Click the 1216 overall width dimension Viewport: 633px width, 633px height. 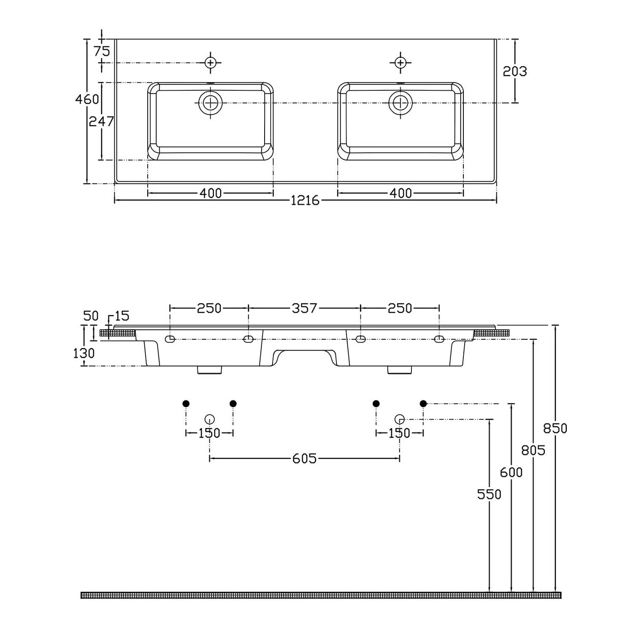coord(305,200)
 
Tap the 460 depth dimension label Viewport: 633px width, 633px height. coord(87,99)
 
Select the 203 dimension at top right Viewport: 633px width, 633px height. coord(515,71)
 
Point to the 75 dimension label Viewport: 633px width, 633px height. coord(102,51)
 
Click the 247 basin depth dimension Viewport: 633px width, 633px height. coord(101,122)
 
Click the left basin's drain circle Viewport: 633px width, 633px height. coord(210,103)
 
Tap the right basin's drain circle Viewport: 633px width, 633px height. coord(400,103)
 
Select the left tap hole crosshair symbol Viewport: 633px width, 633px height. coord(211,63)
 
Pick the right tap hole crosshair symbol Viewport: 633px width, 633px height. coord(400,63)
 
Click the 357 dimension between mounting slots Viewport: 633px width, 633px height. coord(304,308)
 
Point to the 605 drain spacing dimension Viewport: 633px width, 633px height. coord(304,458)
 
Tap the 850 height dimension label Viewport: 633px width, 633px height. coord(555,428)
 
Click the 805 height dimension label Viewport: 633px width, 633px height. coord(533,450)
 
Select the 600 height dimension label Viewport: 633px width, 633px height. coord(511,472)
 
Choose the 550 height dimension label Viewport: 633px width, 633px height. coord(489,494)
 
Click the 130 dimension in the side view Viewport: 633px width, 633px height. coord(84,353)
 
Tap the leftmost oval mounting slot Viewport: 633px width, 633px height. coord(170,339)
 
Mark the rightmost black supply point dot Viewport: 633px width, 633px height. coord(423,404)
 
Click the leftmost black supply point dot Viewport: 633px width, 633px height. coord(186,404)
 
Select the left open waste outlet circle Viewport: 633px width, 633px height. coord(210,419)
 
